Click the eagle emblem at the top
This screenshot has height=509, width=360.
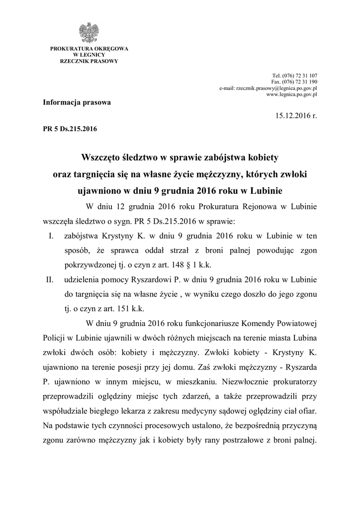(x=89, y=33)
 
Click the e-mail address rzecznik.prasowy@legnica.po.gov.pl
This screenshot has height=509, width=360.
(x=269, y=87)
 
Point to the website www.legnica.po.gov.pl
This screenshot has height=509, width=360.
(x=292, y=93)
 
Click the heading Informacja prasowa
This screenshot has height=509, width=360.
(x=77, y=102)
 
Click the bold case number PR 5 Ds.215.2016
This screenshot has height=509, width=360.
(x=70, y=129)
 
